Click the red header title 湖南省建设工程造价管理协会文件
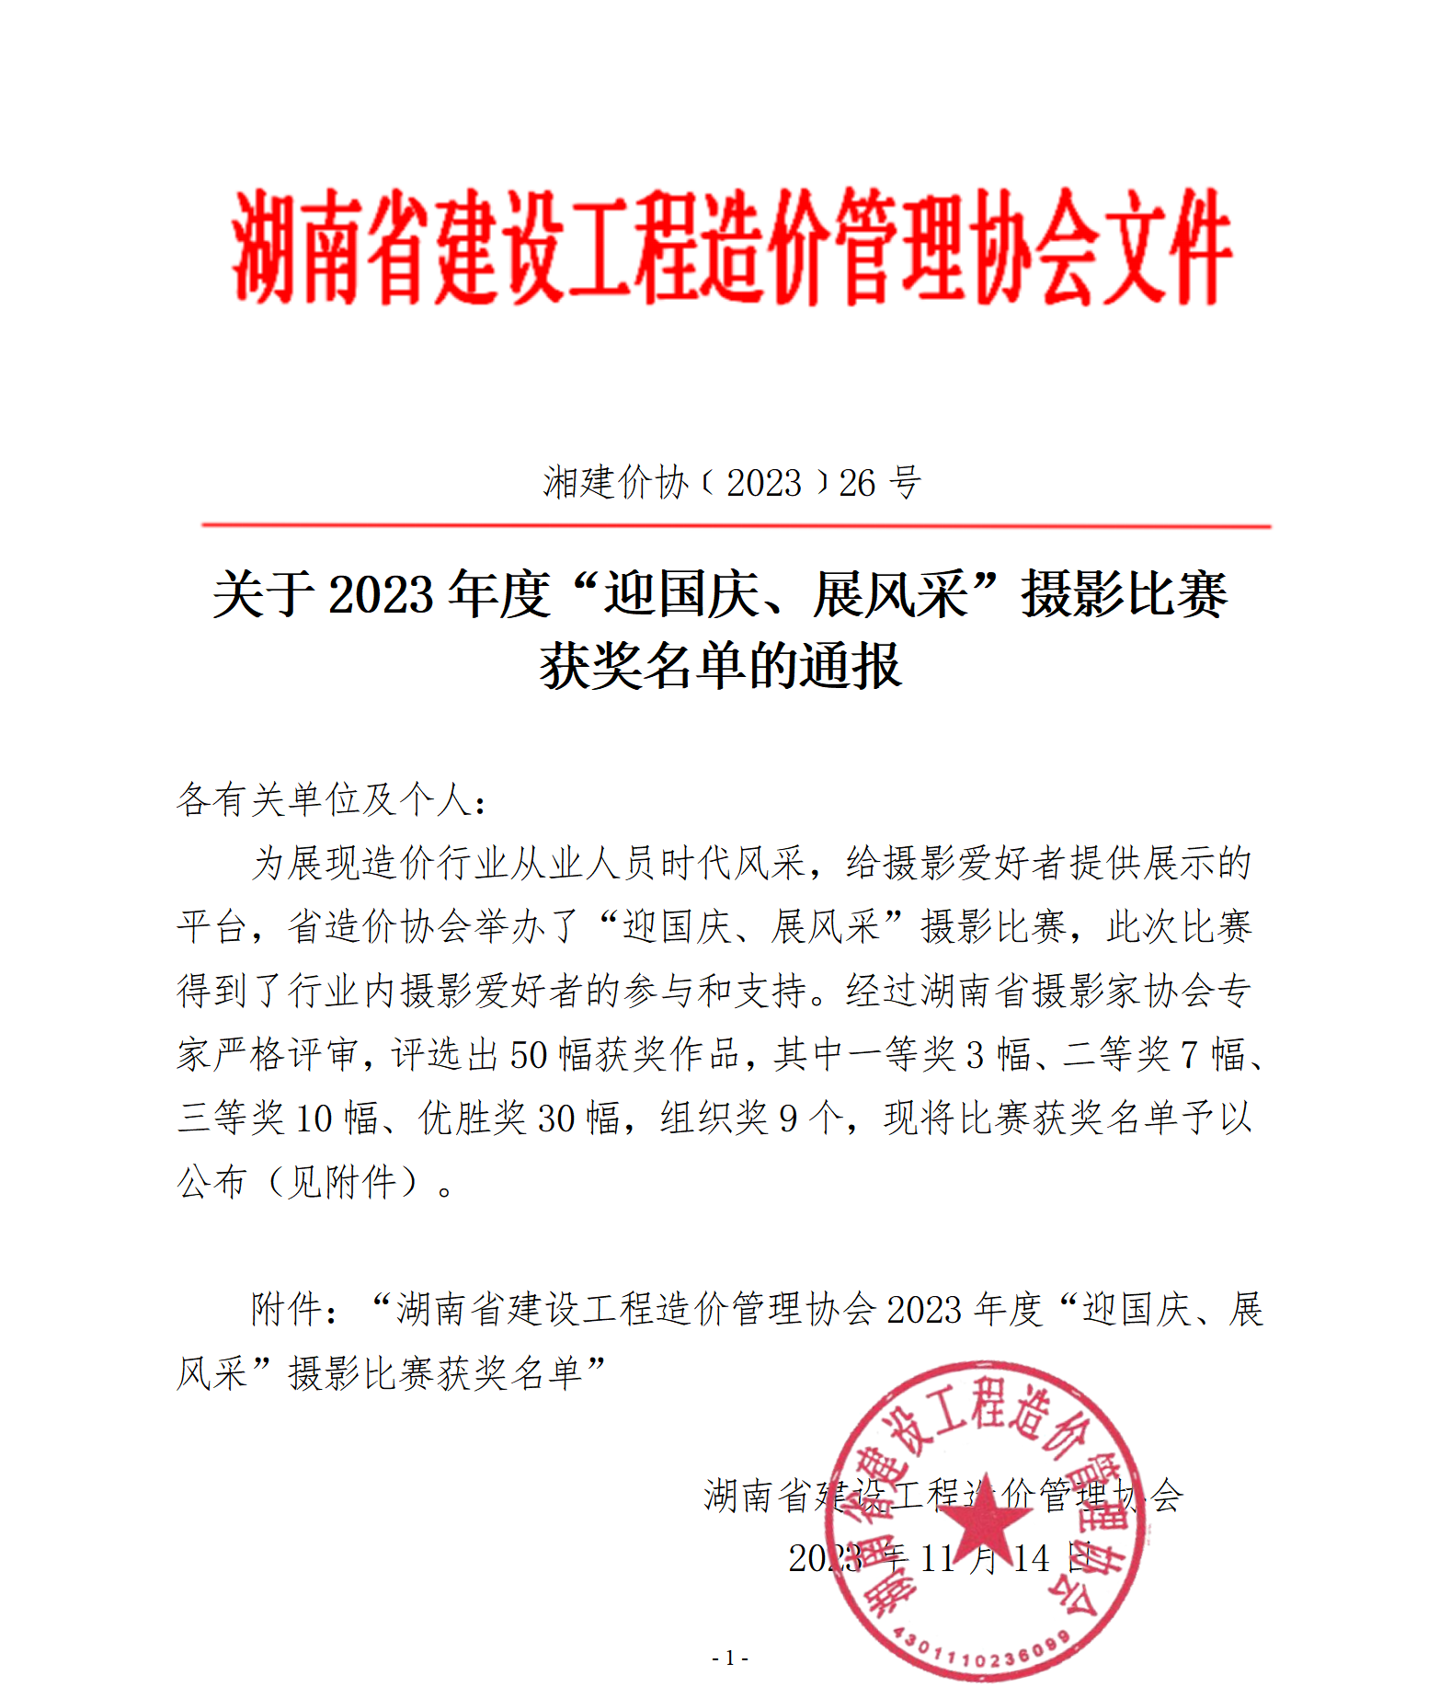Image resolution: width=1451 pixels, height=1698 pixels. click(731, 247)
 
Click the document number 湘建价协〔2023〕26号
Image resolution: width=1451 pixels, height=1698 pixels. click(731, 483)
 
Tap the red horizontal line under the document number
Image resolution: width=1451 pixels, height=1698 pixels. click(736, 526)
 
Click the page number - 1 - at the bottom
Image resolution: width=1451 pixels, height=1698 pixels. click(730, 1658)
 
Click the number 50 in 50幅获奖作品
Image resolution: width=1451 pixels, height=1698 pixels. click(529, 1055)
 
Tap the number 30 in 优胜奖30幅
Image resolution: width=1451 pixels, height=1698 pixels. click(556, 1119)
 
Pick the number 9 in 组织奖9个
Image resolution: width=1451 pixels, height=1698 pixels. click(788, 1119)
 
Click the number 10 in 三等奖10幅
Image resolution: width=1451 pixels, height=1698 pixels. click(313, 1119)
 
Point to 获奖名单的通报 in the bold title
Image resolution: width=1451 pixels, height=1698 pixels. click(720, 666)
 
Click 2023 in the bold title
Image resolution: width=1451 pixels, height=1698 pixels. click(381, 595)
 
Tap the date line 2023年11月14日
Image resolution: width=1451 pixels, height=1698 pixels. click(940, 1558)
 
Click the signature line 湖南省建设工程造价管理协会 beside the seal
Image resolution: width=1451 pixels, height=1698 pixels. click(943, 1496)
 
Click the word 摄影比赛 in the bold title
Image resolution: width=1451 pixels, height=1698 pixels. click(1124, 595)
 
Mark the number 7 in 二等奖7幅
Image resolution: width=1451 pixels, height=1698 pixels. click(1189, 1055)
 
